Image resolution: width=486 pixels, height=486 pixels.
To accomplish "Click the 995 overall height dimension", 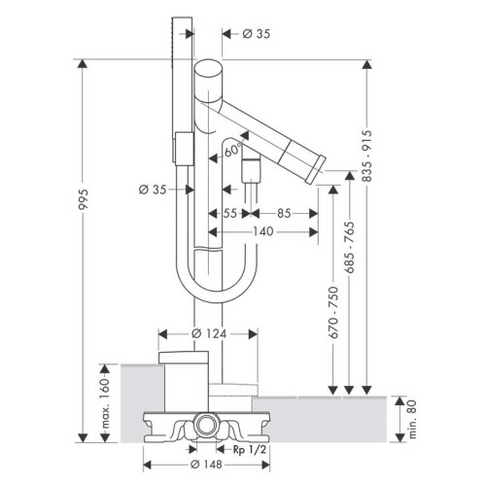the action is (x=84, y=199).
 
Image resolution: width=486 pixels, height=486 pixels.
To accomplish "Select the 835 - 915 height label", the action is (x=366, y=156).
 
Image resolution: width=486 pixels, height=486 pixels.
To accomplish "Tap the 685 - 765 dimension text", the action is (x=349, y=247).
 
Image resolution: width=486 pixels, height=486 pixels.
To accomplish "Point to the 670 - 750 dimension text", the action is (x=333, y=312).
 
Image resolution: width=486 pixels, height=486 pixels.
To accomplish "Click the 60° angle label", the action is (x=233, y=150).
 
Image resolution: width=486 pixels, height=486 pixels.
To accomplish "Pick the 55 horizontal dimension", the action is (x=230, y=214).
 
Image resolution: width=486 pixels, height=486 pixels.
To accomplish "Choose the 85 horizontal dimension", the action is (x=284, y=214).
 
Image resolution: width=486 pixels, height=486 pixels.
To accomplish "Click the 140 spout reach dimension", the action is (x=263, y=231).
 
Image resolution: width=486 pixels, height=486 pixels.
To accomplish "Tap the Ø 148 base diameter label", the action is (x=206, y=465).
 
